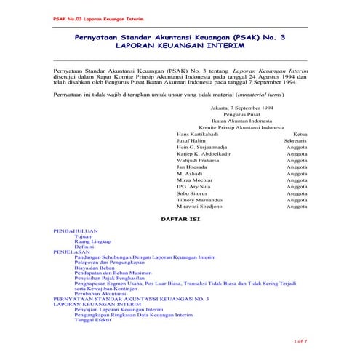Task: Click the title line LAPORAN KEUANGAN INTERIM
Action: point(180,45)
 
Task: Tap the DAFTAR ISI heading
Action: point(180,218)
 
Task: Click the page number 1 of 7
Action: point(300,340)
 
